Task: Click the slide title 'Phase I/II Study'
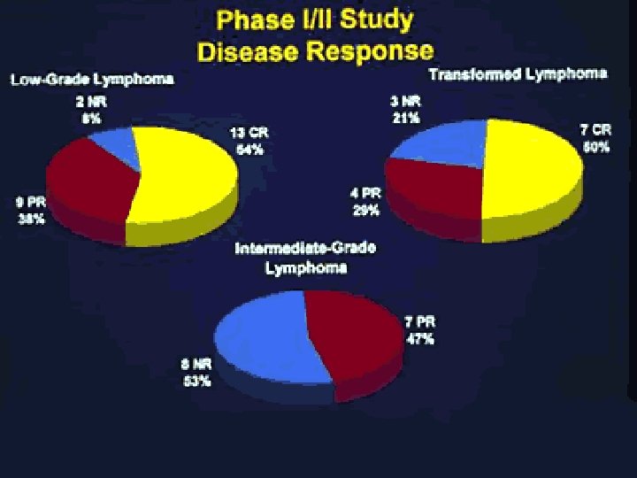tap(318, 20)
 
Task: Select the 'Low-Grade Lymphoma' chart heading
tap(92, 80)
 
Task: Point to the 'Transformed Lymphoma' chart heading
tap(518, 73)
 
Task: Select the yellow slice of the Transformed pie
tap(531, 168)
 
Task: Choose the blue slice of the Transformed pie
tap(442, 142)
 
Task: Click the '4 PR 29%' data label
tap(366, 202)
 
